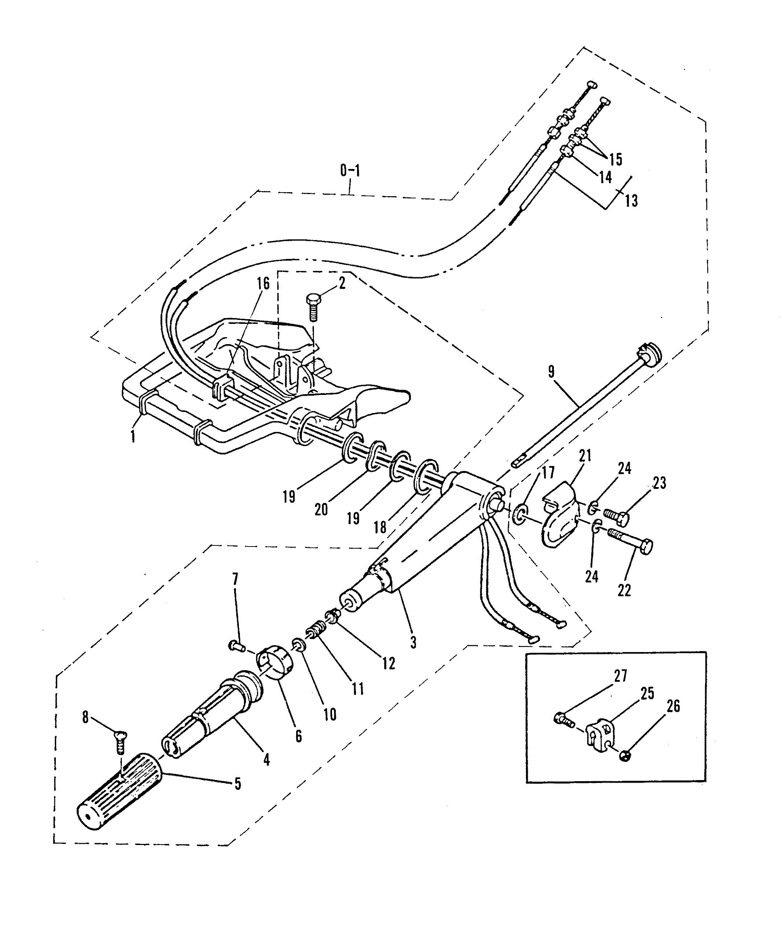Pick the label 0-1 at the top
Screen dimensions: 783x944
tap(351, 171)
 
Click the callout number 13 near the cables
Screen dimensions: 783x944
tap(631, 201)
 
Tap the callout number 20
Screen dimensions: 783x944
tap(322, 509)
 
